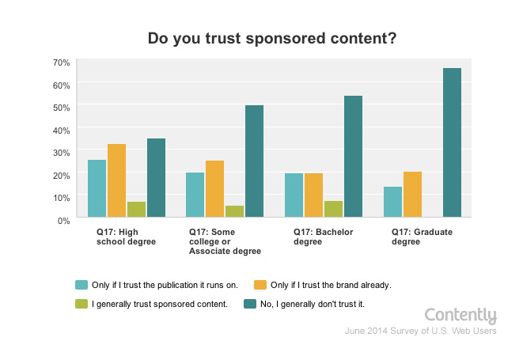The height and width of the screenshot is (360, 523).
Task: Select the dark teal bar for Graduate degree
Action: (452, 142)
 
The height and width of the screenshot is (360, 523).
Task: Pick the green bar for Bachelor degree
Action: (333, 209)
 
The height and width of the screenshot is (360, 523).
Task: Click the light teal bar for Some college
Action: (195, 195)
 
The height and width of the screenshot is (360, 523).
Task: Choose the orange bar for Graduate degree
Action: (412, 194)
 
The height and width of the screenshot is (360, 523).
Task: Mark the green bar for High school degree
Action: (136, 209)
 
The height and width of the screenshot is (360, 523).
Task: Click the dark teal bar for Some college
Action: (254, 161)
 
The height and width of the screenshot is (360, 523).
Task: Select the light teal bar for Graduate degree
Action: (392, 202)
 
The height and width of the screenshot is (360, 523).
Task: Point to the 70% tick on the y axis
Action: (62, 62)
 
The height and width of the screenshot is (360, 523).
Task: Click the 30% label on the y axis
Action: (62, 151)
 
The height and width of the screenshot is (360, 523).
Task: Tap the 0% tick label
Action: (64, 219)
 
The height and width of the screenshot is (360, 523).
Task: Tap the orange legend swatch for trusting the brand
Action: (258, 284)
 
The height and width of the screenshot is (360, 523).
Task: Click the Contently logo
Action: (460, 316)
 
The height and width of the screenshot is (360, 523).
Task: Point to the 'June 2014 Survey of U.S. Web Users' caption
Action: (420, 332)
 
